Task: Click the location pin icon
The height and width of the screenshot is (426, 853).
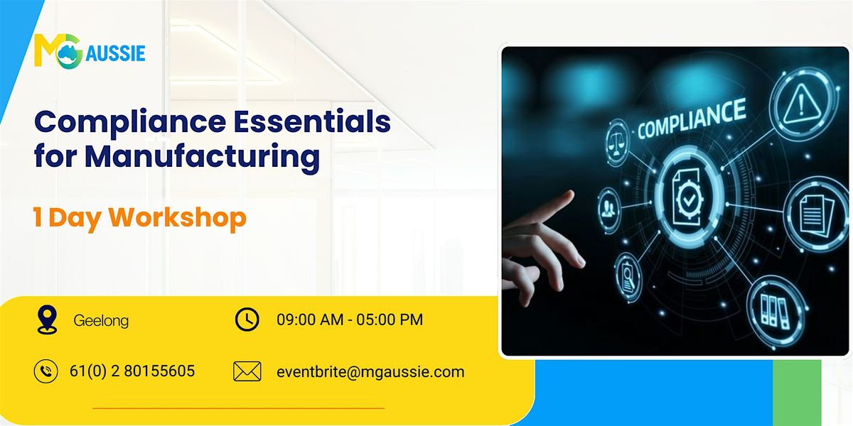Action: coord(46,320)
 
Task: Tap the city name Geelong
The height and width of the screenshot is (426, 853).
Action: coord(101,321)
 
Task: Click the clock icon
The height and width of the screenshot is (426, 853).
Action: coord(247,320)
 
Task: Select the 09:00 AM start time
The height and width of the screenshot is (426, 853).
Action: coord(309,320)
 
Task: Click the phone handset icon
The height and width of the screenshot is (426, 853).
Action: coord(45,371)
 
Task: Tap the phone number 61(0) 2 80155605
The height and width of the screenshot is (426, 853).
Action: coord(132,371)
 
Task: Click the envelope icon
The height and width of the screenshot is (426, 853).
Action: coord(247,371)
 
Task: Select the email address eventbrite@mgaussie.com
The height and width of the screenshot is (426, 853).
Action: coord(370,371)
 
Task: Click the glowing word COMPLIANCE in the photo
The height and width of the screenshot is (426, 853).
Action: coord(691,119)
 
